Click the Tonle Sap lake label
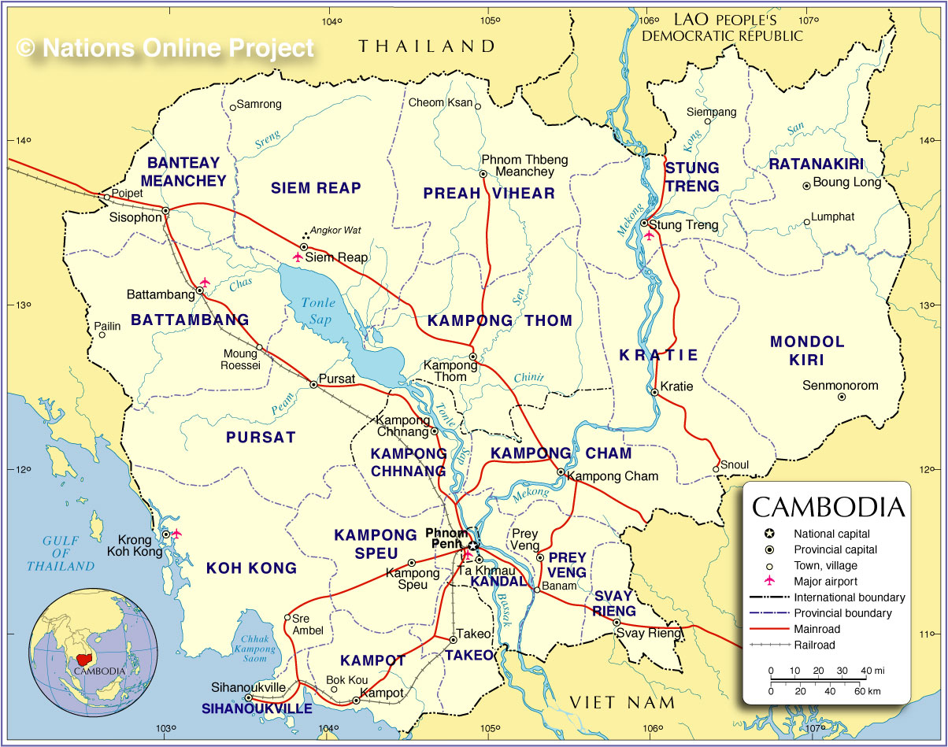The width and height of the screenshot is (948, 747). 318,311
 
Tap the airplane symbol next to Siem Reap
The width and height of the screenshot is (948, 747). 298,257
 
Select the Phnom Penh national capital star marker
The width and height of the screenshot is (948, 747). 472,545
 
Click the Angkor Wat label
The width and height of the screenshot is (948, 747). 335,231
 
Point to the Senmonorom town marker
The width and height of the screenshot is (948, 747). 842,398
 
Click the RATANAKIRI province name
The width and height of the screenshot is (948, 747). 816,165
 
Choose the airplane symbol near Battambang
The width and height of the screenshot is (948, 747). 205,281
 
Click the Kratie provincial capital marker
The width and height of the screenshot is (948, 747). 654,392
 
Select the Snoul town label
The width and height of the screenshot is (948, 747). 735,464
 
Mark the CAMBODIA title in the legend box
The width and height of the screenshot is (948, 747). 828,506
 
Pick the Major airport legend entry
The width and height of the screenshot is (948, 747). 825,581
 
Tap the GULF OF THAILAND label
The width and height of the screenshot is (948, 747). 60,553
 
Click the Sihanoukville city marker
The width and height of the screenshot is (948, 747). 248,698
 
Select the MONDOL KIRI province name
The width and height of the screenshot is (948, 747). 807,350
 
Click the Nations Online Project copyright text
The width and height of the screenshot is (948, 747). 165,48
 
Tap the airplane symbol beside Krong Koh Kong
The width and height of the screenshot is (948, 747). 176,533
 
